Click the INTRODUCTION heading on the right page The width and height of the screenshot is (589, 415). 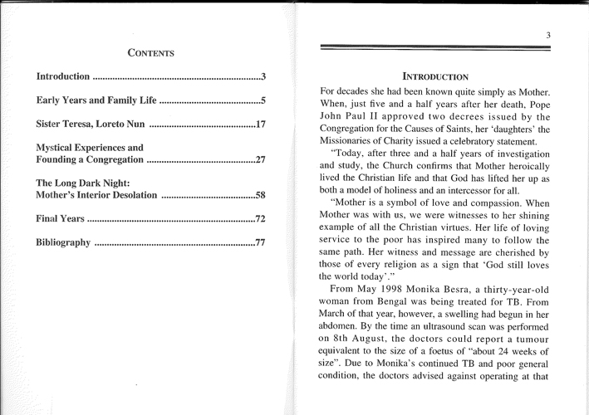tap(436, 73)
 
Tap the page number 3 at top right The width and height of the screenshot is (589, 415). tap(549, 34)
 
